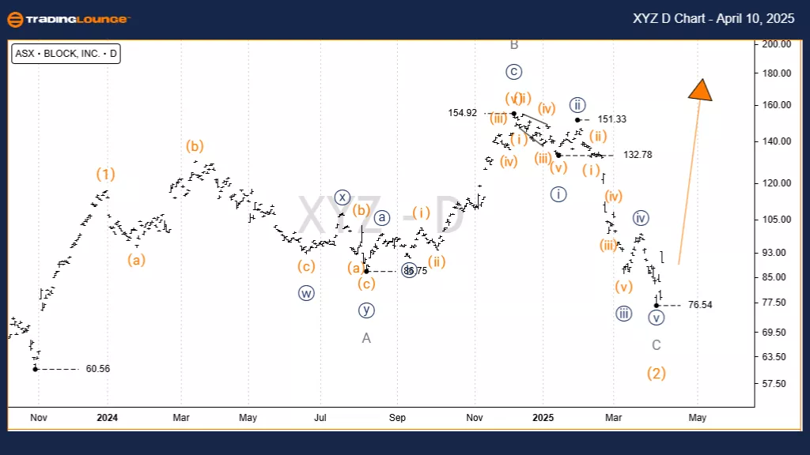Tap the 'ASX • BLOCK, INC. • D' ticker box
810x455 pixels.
(x=66, y=55)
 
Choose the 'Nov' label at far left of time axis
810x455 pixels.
(x=38, y=417)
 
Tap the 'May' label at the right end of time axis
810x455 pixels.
(x=697, y=417)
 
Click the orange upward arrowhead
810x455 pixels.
(x=700, y=89)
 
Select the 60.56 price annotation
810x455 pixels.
(x=98, y=369)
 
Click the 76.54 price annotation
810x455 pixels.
(x=700, y=305)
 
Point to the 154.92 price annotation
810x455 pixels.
(x=462, y=113)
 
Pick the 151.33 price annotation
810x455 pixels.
(x=612, y=119)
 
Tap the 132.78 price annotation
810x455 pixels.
(x=638, y=155)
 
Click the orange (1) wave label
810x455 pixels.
(x=106, y=174)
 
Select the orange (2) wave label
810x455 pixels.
(x=657, y=373)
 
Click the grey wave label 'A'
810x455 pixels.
(x=366, y=338)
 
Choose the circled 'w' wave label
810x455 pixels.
(x=306, y=293)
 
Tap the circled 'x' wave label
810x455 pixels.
(x=342, y=197)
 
